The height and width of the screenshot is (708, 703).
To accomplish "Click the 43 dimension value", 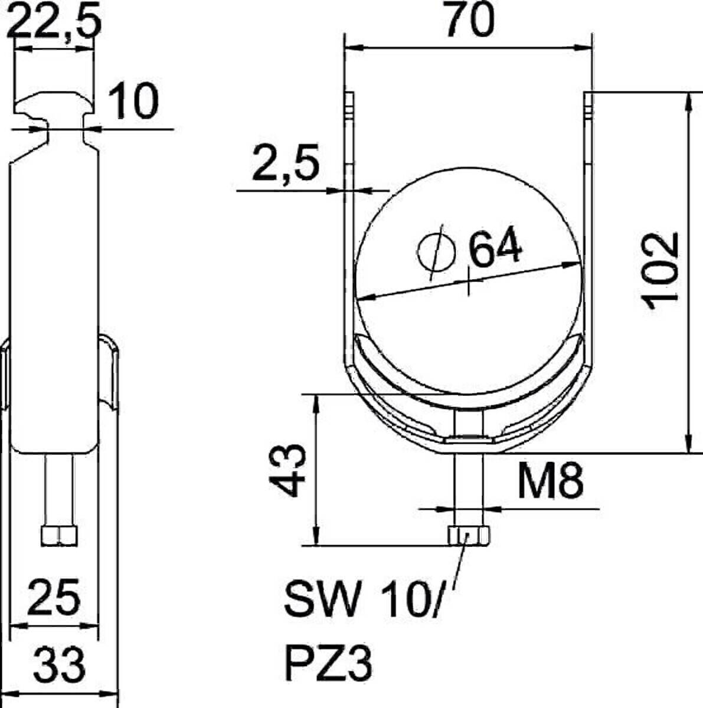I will [289, 471].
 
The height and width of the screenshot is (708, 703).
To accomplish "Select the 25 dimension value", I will [55, 597].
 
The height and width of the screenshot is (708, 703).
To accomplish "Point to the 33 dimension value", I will [58, 663].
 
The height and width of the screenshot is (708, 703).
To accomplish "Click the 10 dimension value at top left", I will [135, 101].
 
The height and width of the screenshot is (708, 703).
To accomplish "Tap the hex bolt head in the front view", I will [469, 536].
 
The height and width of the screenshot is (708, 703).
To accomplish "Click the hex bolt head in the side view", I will [59, 535].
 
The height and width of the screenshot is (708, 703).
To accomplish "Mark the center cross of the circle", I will [469, 281].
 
